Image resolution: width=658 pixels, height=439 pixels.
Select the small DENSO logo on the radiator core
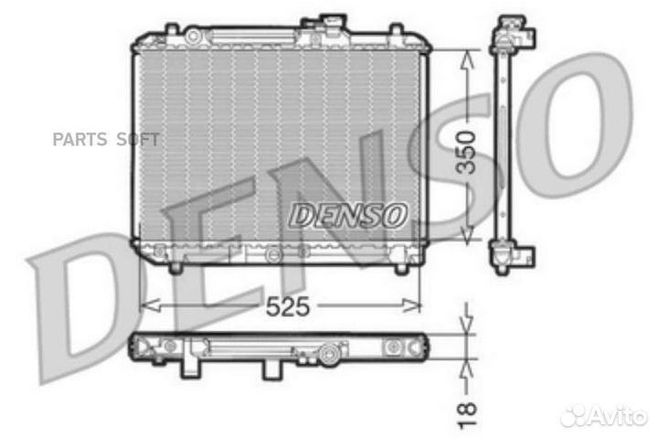[347, 215]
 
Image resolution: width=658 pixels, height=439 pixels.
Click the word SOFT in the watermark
[136, 139]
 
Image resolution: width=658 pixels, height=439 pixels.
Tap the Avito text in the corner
[619, 416]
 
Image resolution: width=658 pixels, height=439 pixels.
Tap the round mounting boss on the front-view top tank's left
[194, 35]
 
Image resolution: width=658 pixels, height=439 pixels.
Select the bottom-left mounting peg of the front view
[175, 267]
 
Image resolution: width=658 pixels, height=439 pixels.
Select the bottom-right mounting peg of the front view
[399, 267]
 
